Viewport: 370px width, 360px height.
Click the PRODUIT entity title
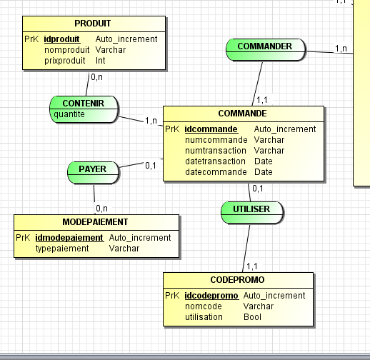92,24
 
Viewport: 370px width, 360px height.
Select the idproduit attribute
61,39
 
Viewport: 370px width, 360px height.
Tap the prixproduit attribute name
64,61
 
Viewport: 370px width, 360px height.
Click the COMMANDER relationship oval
264,47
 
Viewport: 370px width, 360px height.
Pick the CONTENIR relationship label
83,104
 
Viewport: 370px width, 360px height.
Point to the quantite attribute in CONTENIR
69,114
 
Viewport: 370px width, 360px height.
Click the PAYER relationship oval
92,170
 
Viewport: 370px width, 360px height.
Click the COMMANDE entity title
243,114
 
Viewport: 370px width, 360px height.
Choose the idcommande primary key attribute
211,129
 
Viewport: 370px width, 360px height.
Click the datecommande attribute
212,172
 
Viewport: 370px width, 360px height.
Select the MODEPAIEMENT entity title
95,222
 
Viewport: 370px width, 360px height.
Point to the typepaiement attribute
62,249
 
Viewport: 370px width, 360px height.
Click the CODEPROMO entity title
239,280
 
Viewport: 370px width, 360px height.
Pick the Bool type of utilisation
252,316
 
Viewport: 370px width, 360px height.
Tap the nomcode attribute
203,306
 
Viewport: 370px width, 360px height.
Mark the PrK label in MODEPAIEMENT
22,238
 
